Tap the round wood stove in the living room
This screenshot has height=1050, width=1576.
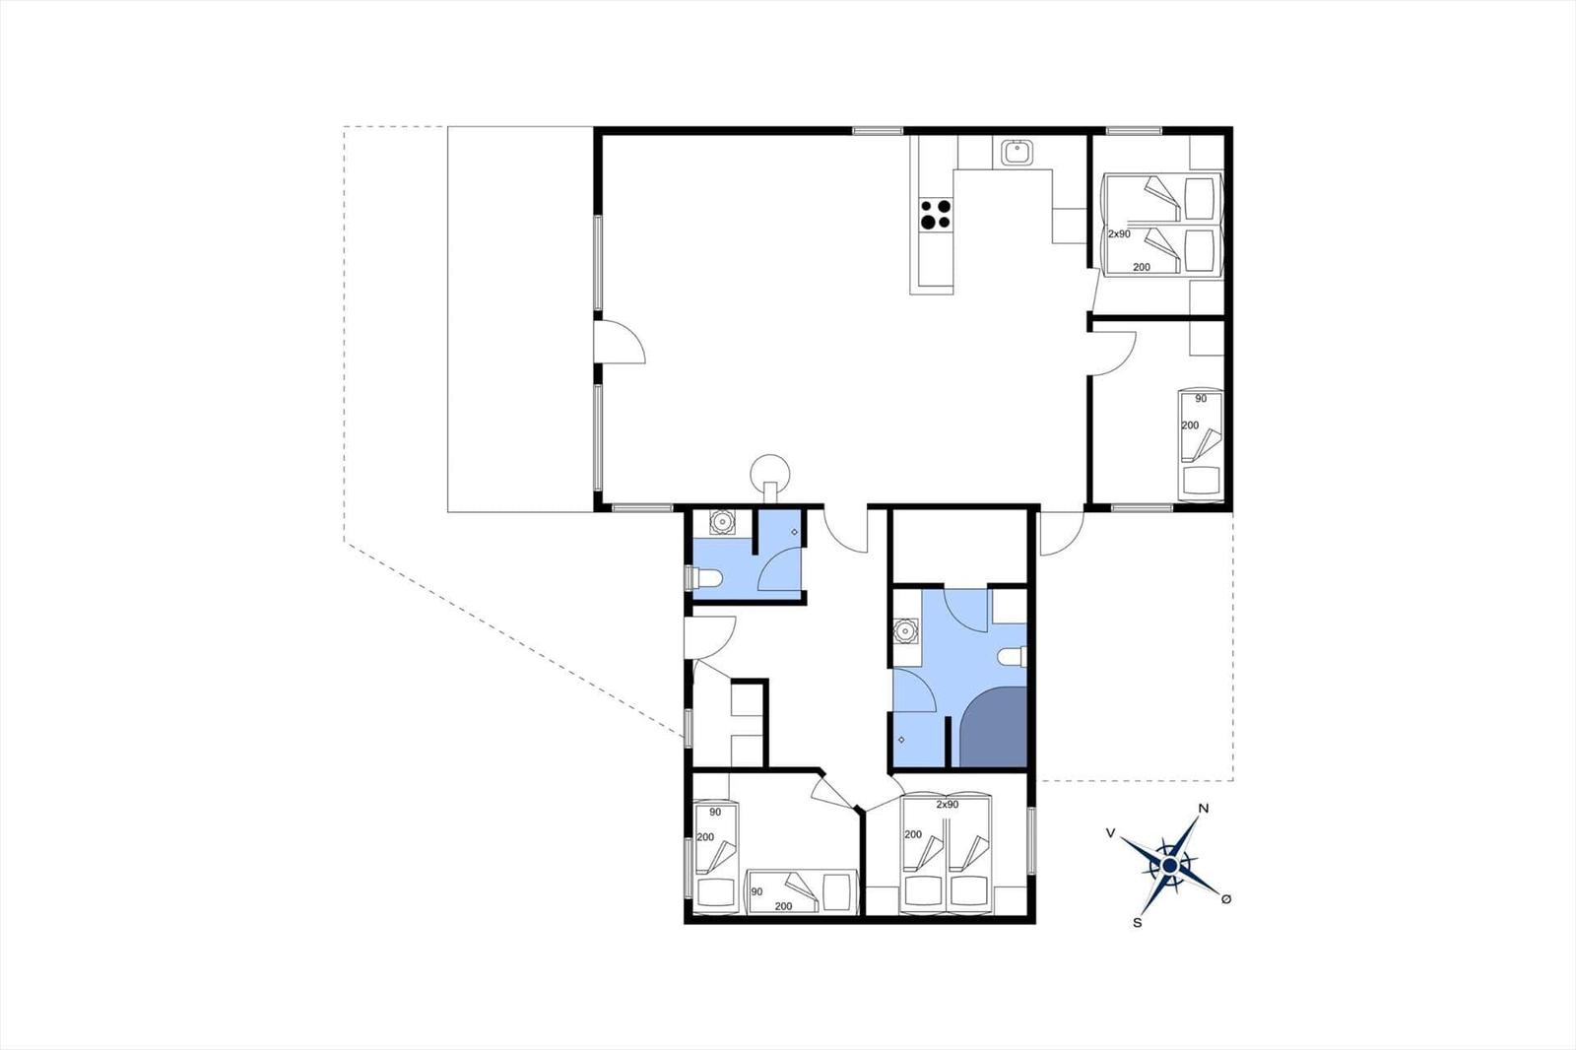[x=770, y=475]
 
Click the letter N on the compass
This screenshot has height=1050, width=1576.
[x=1203, y=809]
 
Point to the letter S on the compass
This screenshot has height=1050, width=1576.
[x=1137, y=923]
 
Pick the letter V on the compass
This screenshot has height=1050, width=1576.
[x=1111, y=833]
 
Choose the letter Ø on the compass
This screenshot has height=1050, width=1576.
[x=1226, y=898]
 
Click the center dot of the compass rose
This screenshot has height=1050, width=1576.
[x=1169, y=866]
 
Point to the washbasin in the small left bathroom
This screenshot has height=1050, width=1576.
[x=722, y=522]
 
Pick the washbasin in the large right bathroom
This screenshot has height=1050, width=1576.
[x=904, y=631]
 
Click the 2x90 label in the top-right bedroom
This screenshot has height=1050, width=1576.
[x=1119, y=233]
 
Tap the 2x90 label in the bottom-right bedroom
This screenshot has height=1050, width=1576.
[x=947, y=805]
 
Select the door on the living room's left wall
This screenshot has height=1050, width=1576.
[x=620, y=342]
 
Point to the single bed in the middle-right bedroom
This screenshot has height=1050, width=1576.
[x=1201, y=445]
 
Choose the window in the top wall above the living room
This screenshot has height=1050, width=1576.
[x=878, y=131]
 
